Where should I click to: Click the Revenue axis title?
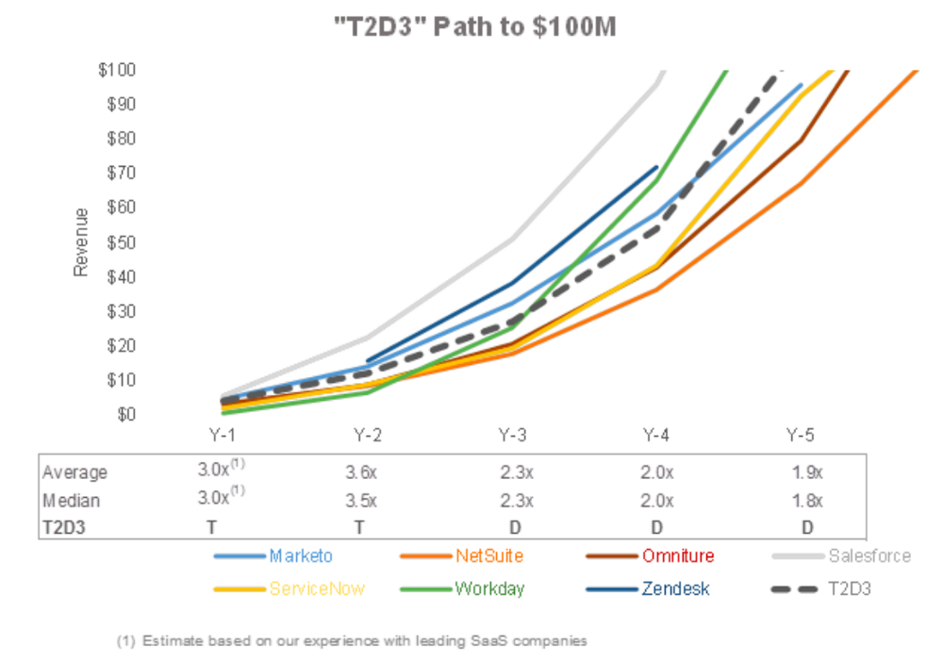(x=81, y=242)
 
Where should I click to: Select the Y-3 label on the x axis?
(x=512, y=435)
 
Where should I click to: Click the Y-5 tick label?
(x=802, y=435)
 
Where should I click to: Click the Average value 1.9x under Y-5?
(x=806, y=472)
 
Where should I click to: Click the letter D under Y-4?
(x=657, y=527)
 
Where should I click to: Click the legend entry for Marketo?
(x=299, y=555)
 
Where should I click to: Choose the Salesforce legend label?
(x=869, y=555)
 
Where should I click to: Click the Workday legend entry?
(x=489, y=588)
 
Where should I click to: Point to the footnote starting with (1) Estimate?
(x=351, y=640)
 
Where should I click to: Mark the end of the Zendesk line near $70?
(x=656, y=167)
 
